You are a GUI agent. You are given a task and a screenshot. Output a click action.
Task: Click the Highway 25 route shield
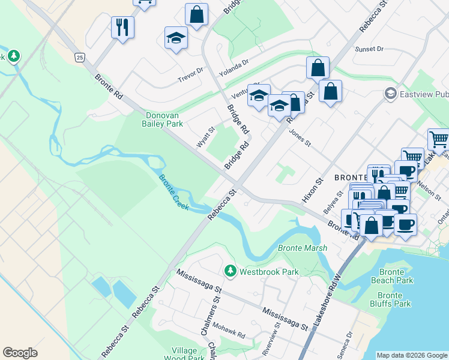(79, 57)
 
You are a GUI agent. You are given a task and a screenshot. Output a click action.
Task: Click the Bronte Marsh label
(303, 248)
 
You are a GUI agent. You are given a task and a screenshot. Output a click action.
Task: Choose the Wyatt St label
(205, 137)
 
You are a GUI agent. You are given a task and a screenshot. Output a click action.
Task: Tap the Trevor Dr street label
(191, 75)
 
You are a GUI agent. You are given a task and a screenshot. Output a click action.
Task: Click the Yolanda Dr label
(234, 68)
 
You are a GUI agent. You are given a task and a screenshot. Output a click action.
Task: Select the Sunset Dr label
(369, 49)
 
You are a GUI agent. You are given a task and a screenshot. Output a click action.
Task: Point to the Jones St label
(300, 138)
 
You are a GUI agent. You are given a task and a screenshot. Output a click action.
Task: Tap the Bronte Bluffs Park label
(394, 299)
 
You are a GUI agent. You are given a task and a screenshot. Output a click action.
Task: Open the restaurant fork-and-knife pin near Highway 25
(122, 26)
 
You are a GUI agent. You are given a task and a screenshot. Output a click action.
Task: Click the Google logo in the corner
(20, 353)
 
